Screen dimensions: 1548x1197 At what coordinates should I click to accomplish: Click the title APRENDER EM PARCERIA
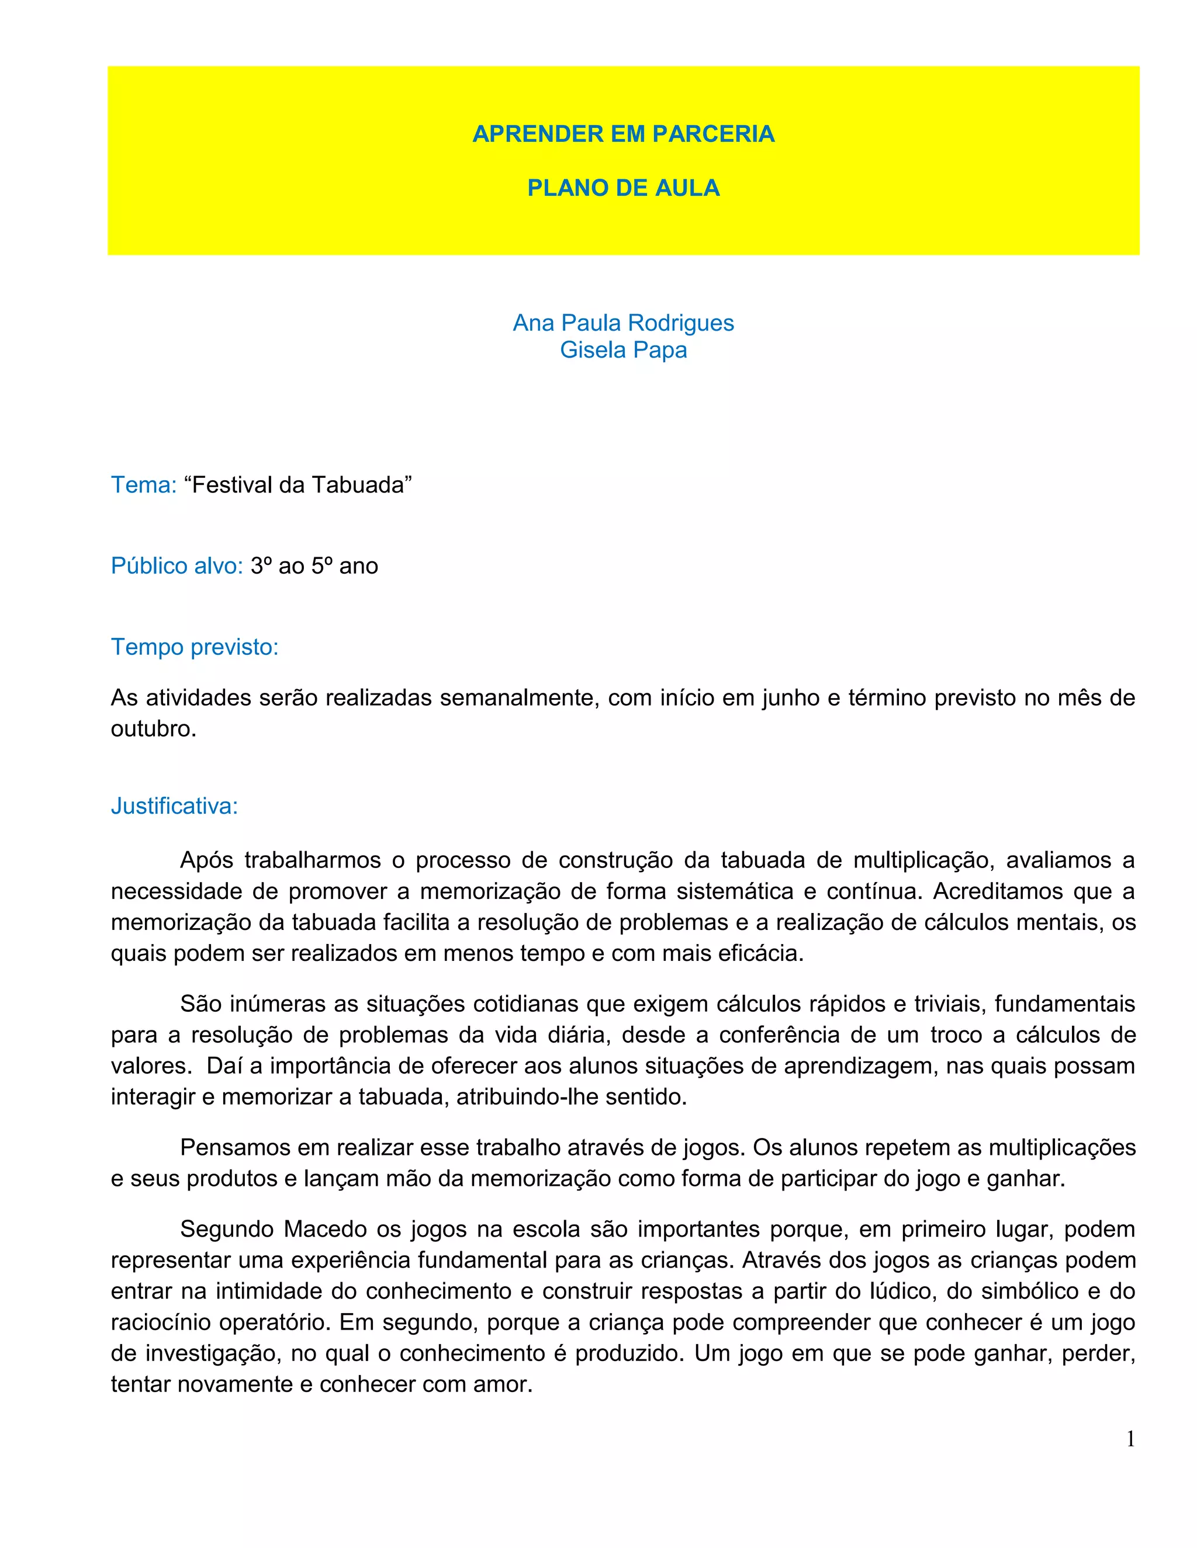point(622,134)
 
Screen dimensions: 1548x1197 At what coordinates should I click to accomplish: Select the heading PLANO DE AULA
point(622,188)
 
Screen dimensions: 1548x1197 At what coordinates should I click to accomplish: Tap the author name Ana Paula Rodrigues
point(622,323)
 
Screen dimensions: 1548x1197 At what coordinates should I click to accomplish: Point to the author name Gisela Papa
point(622,350)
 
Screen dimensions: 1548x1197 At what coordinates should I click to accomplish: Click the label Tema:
point(143,485)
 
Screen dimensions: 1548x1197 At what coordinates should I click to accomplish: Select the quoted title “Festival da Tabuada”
point(298,485)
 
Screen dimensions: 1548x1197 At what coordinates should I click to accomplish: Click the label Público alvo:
point(177,566)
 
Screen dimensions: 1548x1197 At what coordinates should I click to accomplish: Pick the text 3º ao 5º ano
point(314,566)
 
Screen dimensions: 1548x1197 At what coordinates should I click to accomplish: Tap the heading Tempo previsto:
point(194,647)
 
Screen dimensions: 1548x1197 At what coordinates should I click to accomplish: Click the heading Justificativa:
point(174,807)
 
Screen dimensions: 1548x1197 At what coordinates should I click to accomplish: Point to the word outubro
point(153,730)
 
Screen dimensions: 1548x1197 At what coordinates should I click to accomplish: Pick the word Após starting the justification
point(206,860)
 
